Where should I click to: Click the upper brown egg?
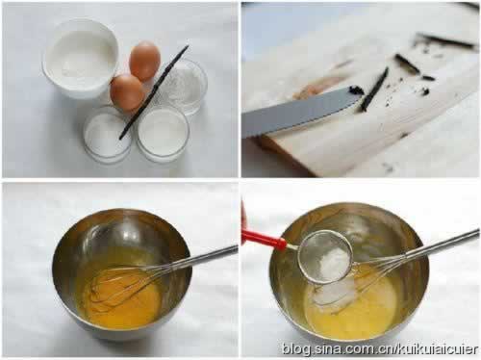click(144, 61)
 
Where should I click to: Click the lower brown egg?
click(127, 92)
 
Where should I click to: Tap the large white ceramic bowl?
click(81, 58)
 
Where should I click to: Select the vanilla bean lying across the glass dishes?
click(154, 92)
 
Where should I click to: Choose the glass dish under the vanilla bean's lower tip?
click(108, 135)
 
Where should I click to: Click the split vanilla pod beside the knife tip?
click(374, 90)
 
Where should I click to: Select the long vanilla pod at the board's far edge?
click(445, 39)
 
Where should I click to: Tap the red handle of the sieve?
click(264, 238)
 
